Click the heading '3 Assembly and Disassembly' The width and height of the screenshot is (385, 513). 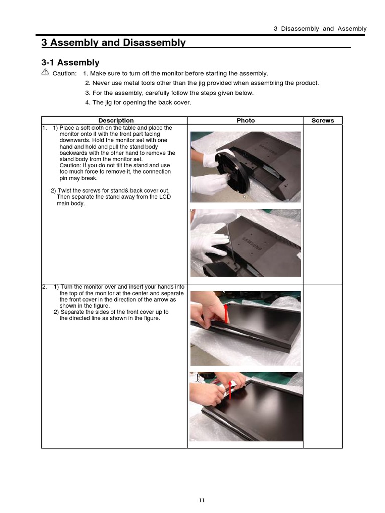[x=113, y=43]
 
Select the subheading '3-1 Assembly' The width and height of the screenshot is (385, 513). [x=70, y=63]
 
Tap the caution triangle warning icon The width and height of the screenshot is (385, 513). [x=45, y=73]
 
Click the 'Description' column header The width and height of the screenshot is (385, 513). [x=116, y=120]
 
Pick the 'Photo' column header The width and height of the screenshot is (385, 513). [x=246, y=120]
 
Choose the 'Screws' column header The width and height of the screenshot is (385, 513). [x=323, y=120]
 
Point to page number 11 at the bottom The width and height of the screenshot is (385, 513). [x=202, y=500]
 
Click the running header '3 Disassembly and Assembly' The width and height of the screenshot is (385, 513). [x=320, y=29]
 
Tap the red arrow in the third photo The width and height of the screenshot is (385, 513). [x=226, y=314]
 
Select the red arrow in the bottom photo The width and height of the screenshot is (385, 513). [x=230, y=390]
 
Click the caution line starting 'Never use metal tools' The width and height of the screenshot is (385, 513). [x=202, y=83]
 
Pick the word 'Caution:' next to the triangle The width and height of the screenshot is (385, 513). [x=65, y=74]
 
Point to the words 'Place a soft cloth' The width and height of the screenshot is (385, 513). [x=80, y=128]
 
